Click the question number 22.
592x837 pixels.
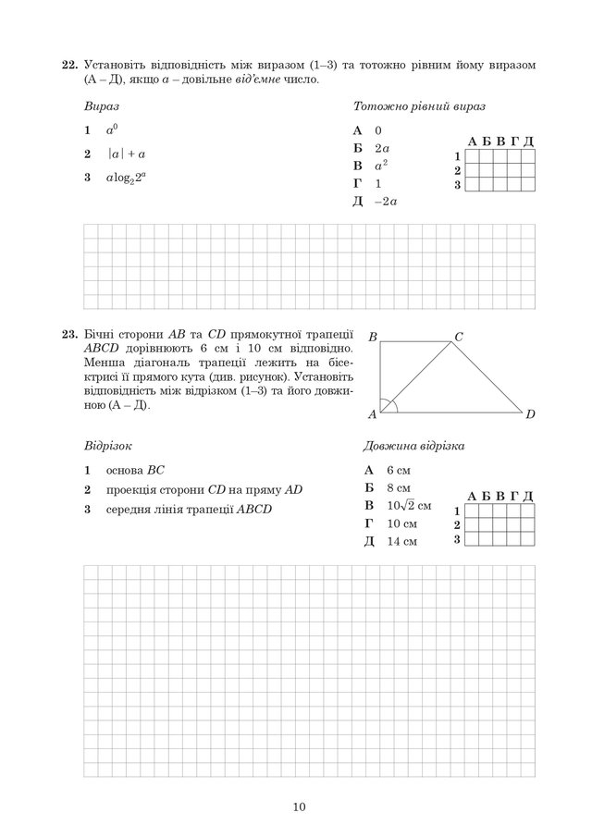point(68,66)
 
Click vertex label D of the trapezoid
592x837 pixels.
point(530,413)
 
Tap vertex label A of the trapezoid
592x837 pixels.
point(372,413)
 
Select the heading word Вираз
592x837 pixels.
point(100,106)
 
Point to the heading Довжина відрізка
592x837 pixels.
point(413,446)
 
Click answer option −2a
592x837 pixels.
point(386,201)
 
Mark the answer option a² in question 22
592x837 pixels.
point(380,166)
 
